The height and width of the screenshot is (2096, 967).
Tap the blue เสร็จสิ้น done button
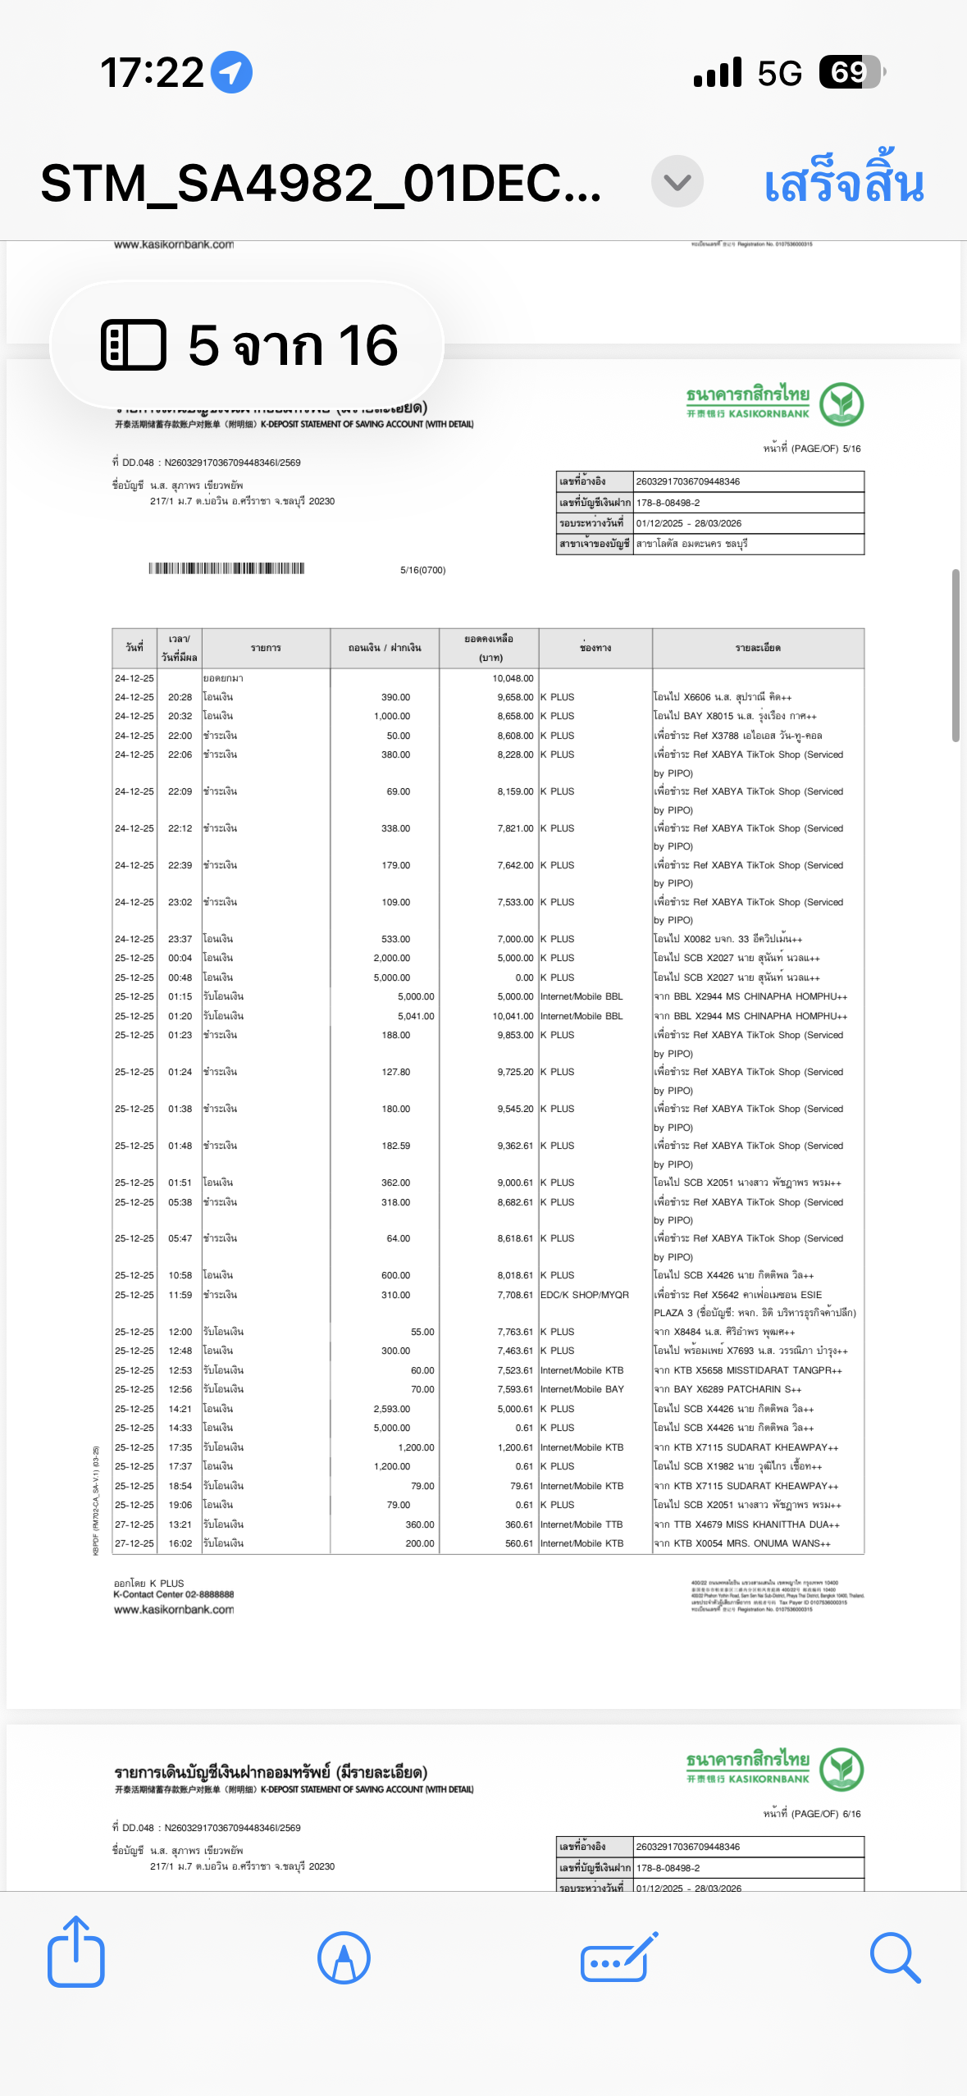coord(843,183)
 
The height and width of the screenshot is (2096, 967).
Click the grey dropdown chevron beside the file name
coord(677,181)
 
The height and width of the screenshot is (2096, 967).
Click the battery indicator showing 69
coord(851,72)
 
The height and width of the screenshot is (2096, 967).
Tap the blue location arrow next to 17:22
coord(231,72)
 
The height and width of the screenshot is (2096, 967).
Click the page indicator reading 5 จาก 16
coord(248,344)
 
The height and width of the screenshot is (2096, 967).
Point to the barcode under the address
coord(226,568)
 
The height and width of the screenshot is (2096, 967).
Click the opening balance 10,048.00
coord(513,678)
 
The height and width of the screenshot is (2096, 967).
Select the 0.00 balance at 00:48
coord(524,977)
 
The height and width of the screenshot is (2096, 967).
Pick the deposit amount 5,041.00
coord(416,1016)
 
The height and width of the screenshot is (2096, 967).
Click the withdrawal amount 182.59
coord(395,1146)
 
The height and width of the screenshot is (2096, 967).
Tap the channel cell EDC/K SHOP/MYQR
coord(584,1295)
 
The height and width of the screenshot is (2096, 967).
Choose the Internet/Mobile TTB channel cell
coord(581,1524)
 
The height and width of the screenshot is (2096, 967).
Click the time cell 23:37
coord(180,939)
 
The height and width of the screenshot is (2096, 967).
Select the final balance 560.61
coord(518,1543)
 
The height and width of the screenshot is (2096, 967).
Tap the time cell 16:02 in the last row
coord(180,1543)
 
